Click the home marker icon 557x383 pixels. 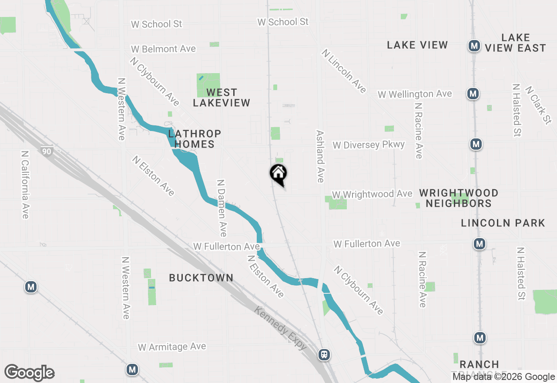tap(278, 174)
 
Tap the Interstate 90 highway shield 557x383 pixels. tap(46, 151)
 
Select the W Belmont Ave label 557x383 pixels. tap(163, 49)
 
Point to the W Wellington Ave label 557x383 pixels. tap(415, 94)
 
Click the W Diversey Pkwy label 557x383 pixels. tap(369, 145)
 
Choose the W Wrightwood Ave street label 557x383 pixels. tap(372, 194)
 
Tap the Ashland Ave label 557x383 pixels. tap(320, 156)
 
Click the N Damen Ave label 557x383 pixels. tap(221, 208)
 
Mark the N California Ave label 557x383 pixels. tap(25, 185)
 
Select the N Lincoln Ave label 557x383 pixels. tap(344, 71)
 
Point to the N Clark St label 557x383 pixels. tap(538, 105)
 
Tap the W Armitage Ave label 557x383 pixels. tap(172, 347)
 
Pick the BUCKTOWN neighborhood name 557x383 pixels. tap(201, 278)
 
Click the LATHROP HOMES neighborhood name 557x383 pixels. tap(195, 139)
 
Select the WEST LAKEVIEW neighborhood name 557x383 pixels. tap(221, 97)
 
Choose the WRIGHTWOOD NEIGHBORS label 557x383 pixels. tap(459, 198)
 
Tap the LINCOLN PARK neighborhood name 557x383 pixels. tap(503, 223)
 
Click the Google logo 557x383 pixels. tap(29, 373)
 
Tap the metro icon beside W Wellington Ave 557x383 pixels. tap(473, 93)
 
